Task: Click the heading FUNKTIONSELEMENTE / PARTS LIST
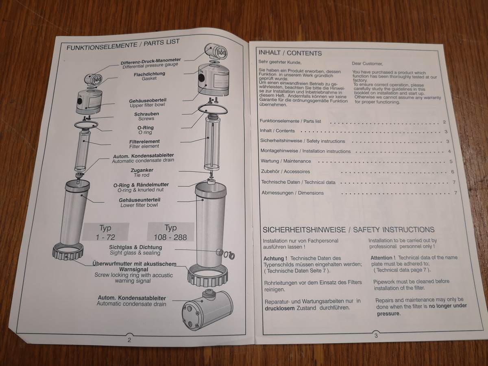pyautogui.click(x=123, y=45)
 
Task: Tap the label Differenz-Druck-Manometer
pyautogui.click(x=151, y=61)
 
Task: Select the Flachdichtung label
pyautogui.click(x=149, y=74)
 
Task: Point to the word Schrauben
pyautogui.click(x=146, y=114)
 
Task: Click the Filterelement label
pyautogui.click(x=144, y=142)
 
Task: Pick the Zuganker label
pyautogui.click(x=142, y=170)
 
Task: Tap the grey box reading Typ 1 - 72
pyautogui.click(x=106, y=232)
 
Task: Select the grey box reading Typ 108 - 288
pyautogui.click(x=170, y=232)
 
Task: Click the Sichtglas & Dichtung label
pyautogui.click(x=135, y=247)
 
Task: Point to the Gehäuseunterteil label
pyautogui.click(x=139, y=200)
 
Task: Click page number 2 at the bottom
pyautogui.click(x=129, y=340)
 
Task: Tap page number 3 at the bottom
pyautogui.click(x=376, y=335)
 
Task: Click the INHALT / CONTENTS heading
pyautogui.click(x=290, y=53)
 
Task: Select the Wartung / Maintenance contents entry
pyautogui.click(x=286, y=161)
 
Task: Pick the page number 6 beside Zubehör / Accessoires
pyautogui.click(x=453, y=172)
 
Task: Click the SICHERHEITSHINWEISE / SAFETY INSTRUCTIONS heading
pyautogui.click(x=349, y=229)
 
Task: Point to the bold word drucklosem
pyautogui.click(x=280, y=308)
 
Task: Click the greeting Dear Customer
pyautogui.click(x=367, y=63)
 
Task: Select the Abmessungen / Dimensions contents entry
pyautogui.click(x=292, y=193)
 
